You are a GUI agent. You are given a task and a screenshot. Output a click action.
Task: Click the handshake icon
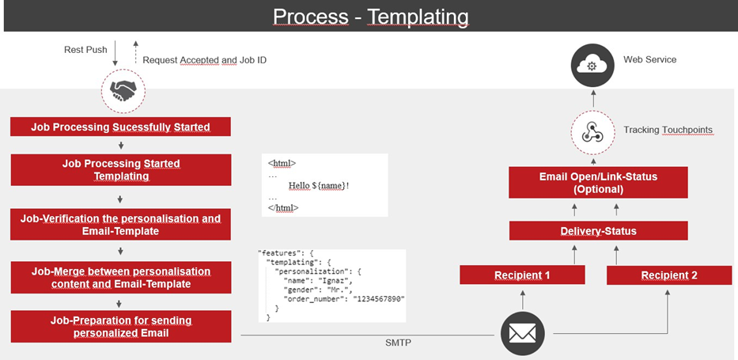point(123,90)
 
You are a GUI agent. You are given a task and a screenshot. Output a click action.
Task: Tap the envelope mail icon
point(522,334)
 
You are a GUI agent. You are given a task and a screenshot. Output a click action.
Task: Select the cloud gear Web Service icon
point(592,66)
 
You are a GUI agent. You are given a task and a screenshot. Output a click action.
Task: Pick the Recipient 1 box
point(522,275)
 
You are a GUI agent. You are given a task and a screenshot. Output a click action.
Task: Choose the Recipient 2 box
point(669,275)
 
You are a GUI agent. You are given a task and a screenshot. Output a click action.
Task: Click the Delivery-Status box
point(598,231)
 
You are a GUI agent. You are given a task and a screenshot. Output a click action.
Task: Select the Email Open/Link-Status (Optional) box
point(598,183)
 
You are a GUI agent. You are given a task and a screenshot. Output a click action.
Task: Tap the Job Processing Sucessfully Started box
point(120,127)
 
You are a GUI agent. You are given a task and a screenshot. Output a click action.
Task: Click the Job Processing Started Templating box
point(120,170)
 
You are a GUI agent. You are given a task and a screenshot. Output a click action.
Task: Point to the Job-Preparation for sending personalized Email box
point(120,327)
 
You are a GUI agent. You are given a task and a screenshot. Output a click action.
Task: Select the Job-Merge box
point(120,278)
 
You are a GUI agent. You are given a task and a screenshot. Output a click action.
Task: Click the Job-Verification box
point(120,225)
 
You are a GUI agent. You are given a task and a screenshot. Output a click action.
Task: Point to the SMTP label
point(398,343)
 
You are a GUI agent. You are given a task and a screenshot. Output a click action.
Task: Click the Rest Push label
point(85,50)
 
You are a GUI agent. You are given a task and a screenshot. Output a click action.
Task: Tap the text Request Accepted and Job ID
point(205,60)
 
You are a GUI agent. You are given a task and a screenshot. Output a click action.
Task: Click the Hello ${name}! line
point(319,185)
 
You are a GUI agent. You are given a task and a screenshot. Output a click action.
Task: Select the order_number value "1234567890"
point(379,299)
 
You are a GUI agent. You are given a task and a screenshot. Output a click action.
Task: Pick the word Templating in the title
point(418,17)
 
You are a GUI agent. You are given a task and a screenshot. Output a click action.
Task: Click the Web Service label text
point(650,60)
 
